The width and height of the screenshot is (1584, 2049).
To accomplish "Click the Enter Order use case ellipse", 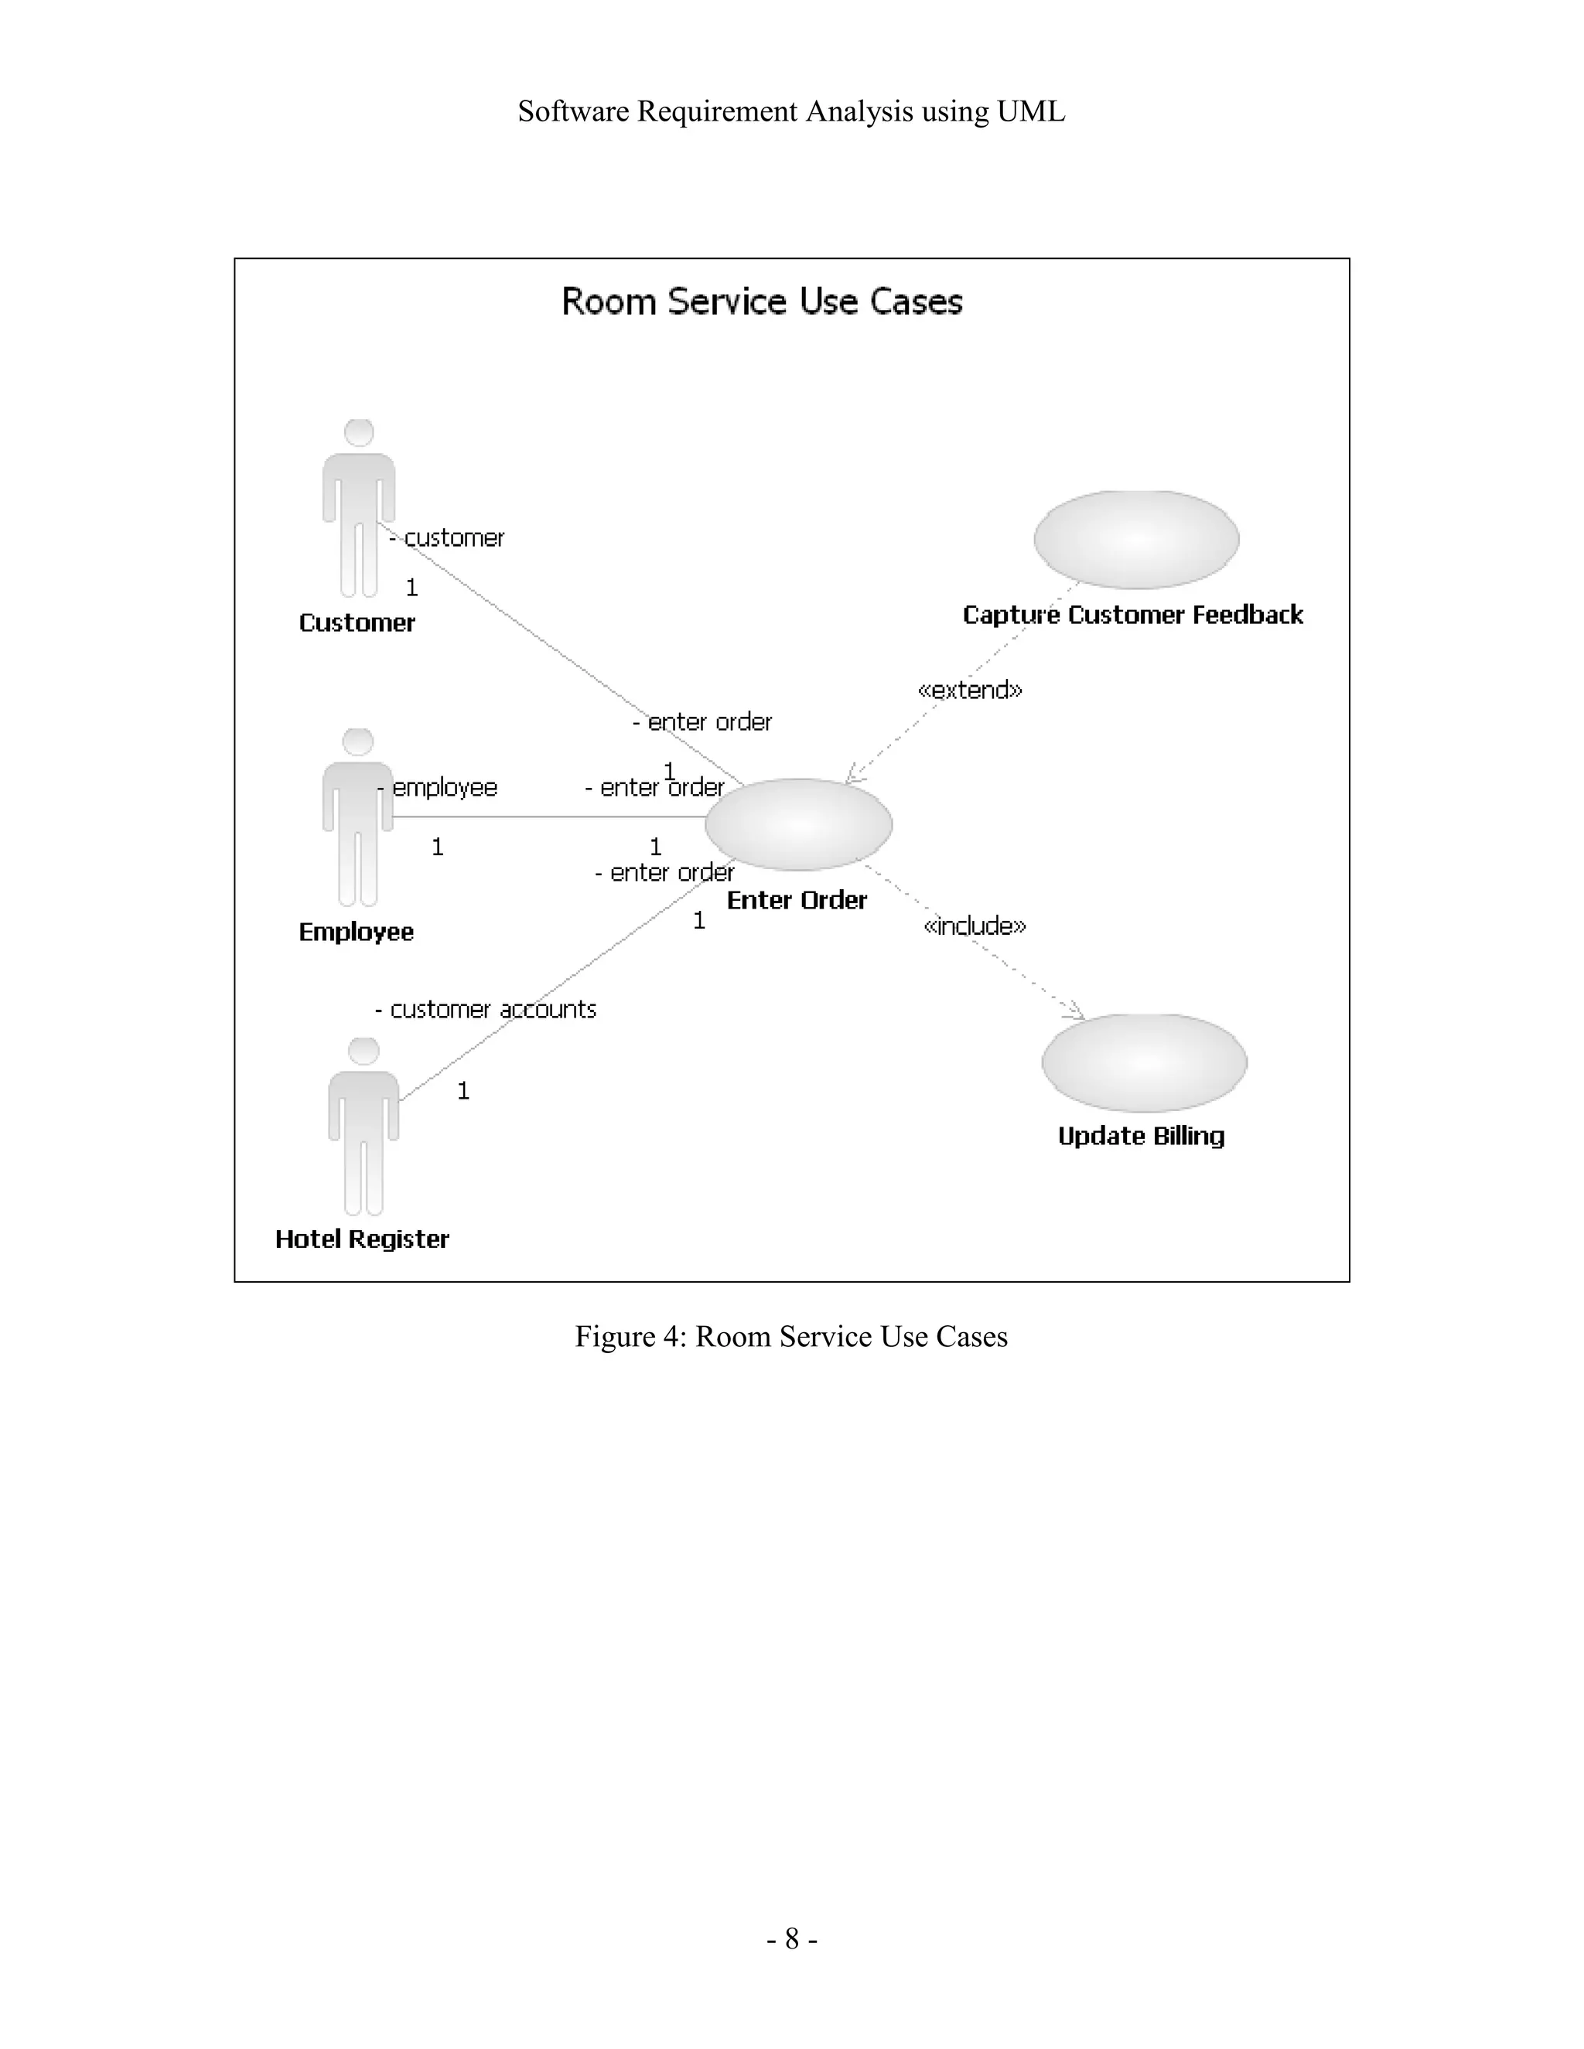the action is pos(798,823).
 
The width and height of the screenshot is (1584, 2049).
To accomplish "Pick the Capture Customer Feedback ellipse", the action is pos(1136,540).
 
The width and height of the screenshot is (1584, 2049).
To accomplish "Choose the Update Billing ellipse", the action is pos(1144,1062).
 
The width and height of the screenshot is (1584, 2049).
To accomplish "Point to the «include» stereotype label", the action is pos(975,926).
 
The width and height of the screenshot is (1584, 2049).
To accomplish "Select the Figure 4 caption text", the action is pos(791,1336).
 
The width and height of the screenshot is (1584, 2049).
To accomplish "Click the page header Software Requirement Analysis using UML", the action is pos(791,111).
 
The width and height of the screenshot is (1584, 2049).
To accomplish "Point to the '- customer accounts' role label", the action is pos(486,1010).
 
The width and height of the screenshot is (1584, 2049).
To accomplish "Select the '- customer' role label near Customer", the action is pos(448,537).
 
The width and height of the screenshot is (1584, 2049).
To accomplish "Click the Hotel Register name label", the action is pos(362,1239).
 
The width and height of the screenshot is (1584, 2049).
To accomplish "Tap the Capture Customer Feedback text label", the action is pos(1132,615).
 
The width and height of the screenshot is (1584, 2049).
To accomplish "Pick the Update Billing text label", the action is pos(1141,1136).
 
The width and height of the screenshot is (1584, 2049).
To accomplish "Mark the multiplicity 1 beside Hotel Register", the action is pos(463,1090).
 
